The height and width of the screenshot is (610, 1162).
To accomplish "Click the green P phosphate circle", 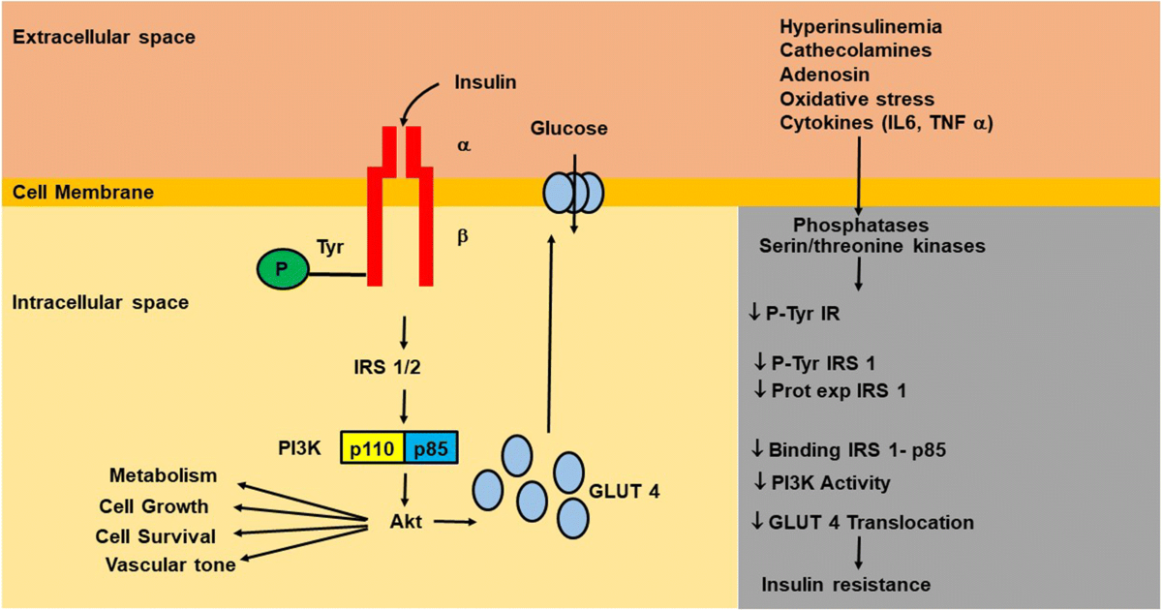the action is pyautogui.click(x=283, y=269).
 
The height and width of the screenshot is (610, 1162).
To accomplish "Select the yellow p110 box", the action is pyautogui.click(x=373, y=447).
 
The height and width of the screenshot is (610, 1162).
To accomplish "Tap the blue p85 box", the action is pyautogui.click(x=431, y=447).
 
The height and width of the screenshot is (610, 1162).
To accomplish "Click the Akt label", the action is pyautogui.click(x=406, y=522).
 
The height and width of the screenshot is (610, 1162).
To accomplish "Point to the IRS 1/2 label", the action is pyautogui.click(x=387, y=367).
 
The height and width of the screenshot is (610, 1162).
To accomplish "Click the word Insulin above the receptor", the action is pyautogui.click(x=485, y=82).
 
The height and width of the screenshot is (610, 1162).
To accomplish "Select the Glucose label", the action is pyautogui.click(x=568, y=128).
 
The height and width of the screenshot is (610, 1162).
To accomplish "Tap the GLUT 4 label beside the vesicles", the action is pyautogui.click(x=624, y=491).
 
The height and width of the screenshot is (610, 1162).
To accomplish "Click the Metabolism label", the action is pyautogui.click(x=163, y=475).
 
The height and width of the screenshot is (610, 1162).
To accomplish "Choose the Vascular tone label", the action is pyautogui.click(x=170, y=564).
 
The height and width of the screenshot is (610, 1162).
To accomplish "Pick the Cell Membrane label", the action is pyautogui.click(x=83, y=192).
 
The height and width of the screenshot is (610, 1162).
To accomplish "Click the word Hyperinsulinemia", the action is pyautogui.click(x=861, y=27).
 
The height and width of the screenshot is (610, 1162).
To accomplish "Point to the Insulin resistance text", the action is pyautogui.click(x=846, y=585).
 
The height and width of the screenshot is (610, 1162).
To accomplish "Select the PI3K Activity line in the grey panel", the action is pyautogui.click(x=831, y=483).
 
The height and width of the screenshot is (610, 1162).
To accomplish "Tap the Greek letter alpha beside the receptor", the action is pyautogui.click(x=464, y=146).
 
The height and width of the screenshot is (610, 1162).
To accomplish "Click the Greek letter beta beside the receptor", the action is pyautogui.click(x=463, y=236).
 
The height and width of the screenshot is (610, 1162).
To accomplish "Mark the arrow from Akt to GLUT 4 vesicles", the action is pyautogui.click(x=455, y=522).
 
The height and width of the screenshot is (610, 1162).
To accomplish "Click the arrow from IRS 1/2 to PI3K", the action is pyautogui.click(x=404, y=407).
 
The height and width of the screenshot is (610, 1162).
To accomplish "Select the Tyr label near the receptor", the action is pyautogui.click(x=330, y=248).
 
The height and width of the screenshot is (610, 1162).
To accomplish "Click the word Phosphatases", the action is pyautogui.click(x=861, y=225).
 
